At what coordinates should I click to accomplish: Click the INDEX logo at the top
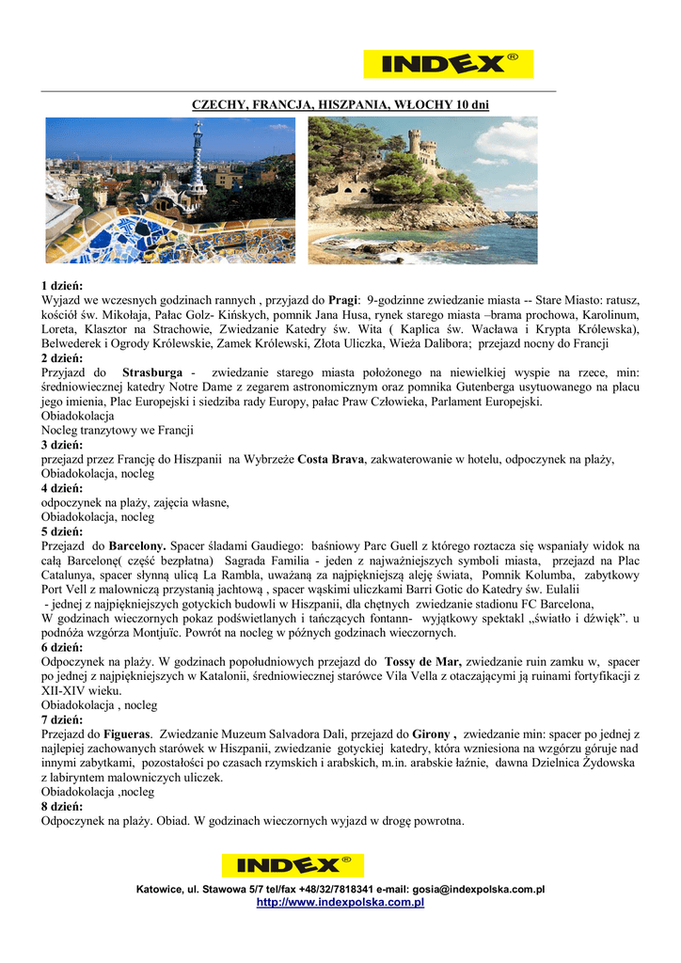(448, 64)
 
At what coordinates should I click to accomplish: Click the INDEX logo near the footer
(293, 865)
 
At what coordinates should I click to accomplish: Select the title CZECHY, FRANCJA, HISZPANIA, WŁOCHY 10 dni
(340, 104)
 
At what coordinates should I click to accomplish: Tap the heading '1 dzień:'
(62, 285)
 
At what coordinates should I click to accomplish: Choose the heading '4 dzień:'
(62, 488)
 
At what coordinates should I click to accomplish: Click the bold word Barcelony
(137, 545)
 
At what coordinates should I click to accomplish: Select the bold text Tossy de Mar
(423, 661)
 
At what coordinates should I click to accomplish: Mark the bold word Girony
(432, 734)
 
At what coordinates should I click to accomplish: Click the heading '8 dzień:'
(62, 806)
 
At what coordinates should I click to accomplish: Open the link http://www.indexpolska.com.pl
(340, 903)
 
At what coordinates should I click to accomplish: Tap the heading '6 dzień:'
(62, 647)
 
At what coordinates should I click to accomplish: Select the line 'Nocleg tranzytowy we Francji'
(118, 431)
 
